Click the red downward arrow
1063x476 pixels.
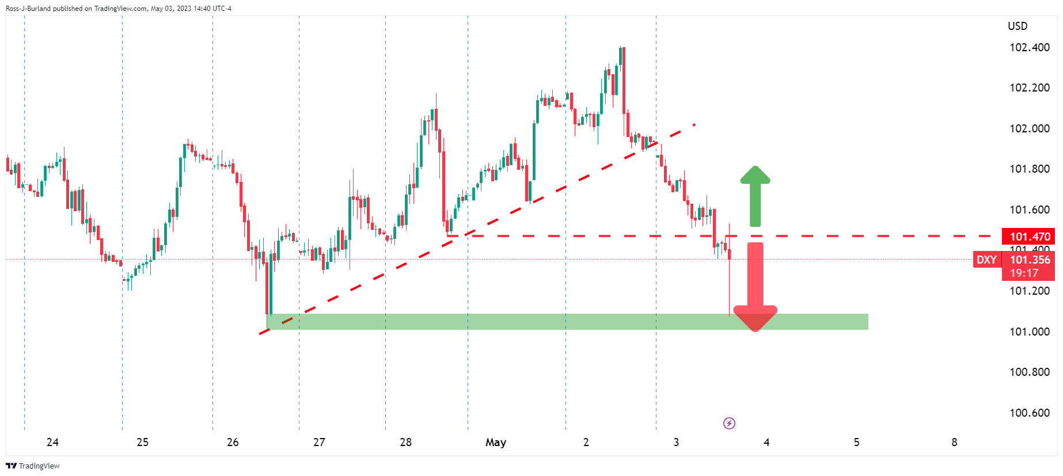click(755, 288)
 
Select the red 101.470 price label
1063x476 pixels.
click(1030, 237)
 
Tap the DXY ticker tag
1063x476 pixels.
click(986, 260)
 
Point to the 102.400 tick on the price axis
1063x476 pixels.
click(1030, 47)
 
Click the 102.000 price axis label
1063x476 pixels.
click(1030, 128)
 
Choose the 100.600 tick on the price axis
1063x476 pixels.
click(1030, 413)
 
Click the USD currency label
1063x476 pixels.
click(1018, 26)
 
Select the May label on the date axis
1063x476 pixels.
click(496, 442)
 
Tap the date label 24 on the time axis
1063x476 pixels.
click(52, 442)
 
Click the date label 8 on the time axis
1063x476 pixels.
click(954, 442)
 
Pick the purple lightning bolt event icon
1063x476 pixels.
click(729, 424)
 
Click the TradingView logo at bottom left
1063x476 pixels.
click(33, 466)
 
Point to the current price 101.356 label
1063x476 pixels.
click(1030, 260)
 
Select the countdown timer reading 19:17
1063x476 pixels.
click(1024, 273)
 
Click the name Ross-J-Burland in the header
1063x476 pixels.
click(28, 9)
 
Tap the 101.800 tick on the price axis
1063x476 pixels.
click(1030, 169)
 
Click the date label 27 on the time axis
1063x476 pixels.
click(319, 442)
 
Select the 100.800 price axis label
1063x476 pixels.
click(1030, 372)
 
